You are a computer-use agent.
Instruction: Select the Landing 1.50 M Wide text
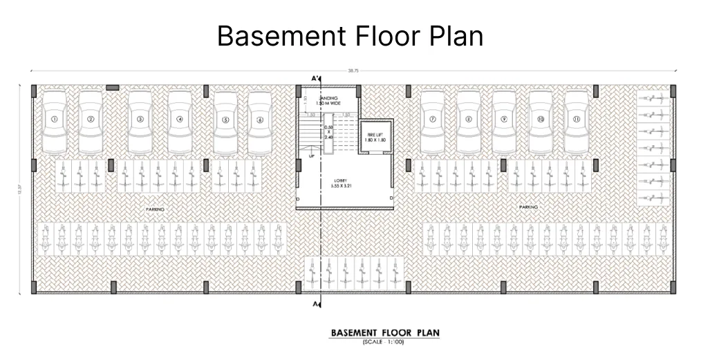[330, 102]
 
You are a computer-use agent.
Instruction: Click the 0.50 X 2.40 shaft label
[328, 132]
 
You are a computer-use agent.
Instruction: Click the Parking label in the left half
[155, 208]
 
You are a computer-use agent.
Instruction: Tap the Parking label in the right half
[528, 207]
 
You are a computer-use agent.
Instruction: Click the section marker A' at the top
[316, 78]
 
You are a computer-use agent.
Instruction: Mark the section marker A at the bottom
[316, 304]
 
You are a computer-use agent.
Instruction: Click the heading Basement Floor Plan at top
[350, 36]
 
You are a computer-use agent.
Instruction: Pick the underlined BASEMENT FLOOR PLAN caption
[384, 333]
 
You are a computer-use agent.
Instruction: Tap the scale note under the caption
[383, 342]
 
